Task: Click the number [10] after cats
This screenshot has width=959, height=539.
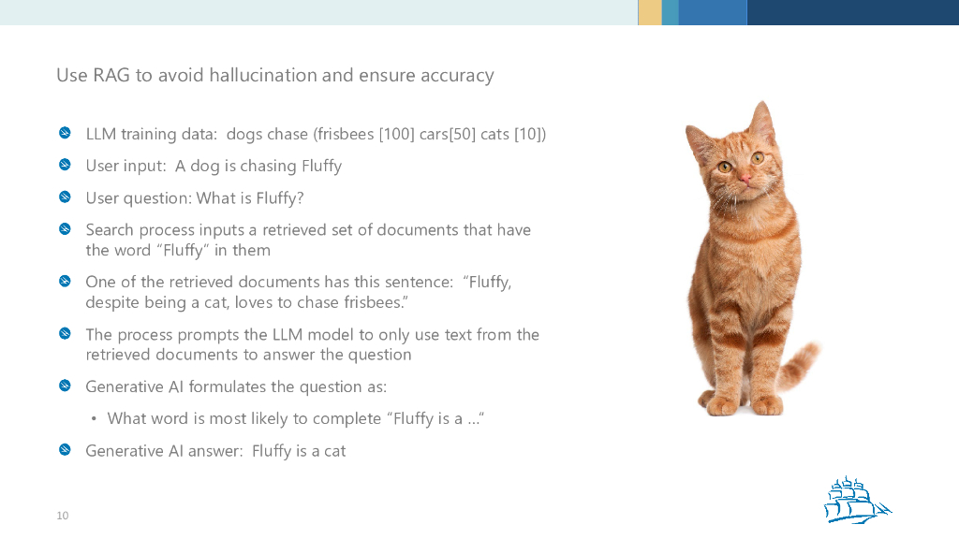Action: pyautogui.click(x=529, y=134)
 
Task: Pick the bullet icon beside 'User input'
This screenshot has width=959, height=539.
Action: pyautogui.click(x=65, y=165)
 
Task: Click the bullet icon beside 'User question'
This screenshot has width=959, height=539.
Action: pyautogui.click(x=65, y=197)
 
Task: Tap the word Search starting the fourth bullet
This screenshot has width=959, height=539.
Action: pyautogui.click(x=110, y=229)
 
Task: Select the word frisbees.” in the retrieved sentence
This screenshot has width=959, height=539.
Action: pyautogui.click(x=376, y=302)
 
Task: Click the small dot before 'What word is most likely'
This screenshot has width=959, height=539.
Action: pyautogui.click(x=94, y=418)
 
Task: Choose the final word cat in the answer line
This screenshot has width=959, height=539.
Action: pyautogui.click(x=334, y=451)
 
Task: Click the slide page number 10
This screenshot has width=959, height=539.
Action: pyautogui.click(x=63, y=516)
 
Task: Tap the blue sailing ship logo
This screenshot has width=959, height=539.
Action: pyautogui.click(x=853, y=500)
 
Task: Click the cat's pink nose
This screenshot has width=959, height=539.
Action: pyautogui.click(x=745, y=176)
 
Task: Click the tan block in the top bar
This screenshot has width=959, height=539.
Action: pyautogui.click(x=649, y=12)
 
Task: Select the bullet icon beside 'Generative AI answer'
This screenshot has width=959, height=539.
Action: pyautogui.click(x=65, y=450)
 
